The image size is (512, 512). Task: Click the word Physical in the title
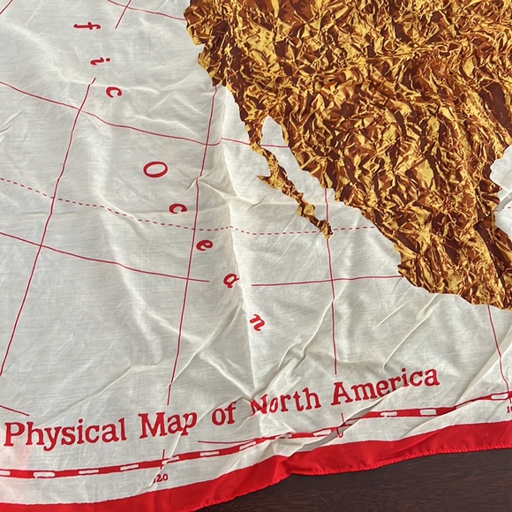pos(65,433)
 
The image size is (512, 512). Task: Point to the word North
pos(284,403)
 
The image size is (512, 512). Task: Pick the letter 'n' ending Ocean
pos(258,320)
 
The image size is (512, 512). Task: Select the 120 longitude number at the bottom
pos(160,478)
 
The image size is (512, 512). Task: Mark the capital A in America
pos(341,395)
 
